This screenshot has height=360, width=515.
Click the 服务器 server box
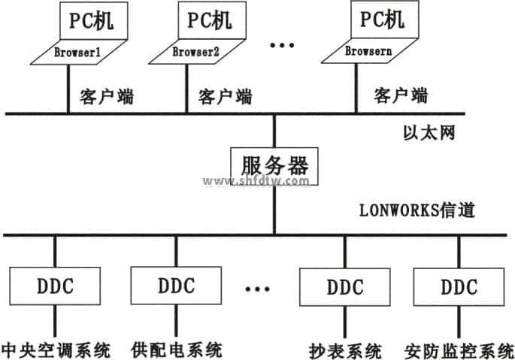(274, 165)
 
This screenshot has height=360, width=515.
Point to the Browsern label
(366, 52)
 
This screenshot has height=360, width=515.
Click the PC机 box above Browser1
(91, 20)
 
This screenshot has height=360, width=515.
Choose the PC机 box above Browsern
(380, 20)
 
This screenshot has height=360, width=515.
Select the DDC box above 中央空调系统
(56, 286)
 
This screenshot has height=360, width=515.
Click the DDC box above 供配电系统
(176, 286)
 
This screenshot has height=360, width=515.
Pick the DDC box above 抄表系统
(345, 287)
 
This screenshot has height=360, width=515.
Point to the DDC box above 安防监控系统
(458, 287)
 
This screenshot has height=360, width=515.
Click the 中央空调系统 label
(56, 349)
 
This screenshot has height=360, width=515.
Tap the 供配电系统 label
(176, 349)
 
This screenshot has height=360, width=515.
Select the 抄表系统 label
(345, 350)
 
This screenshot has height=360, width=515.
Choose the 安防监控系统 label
(458, 350)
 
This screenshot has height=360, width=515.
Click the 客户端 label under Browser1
(106, 95)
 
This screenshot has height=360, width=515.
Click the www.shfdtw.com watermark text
(256, 181)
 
